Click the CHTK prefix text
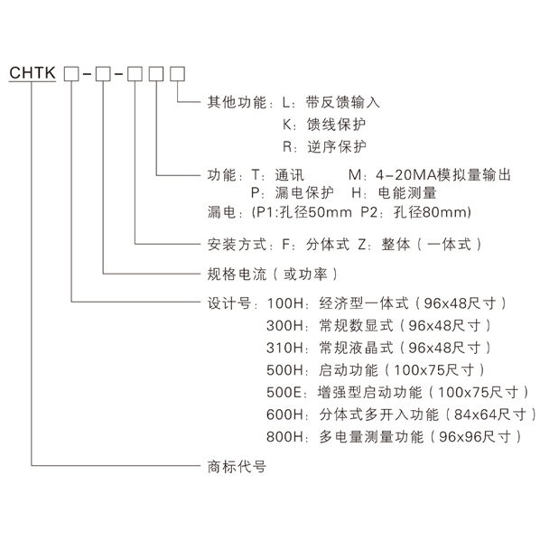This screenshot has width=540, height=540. click(33, 72)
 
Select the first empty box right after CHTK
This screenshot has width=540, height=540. click(71, 74)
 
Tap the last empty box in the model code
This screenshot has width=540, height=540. click(177, 74)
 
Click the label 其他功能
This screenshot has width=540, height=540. click(237, 102)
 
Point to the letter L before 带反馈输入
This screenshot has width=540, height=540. click(286, 102)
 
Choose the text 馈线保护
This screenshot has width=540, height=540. click(336, 125)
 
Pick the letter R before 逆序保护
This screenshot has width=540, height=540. click(287, 146)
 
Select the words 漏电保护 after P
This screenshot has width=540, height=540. click(304, 193)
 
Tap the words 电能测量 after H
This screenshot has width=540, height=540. click(407, 193)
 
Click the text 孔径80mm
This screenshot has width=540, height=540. click(432, 212)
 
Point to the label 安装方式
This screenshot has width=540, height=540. click(237, 245)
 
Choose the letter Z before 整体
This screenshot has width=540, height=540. click(362, 245)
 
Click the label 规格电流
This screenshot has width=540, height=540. click(237, 275)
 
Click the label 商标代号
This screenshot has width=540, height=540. click(237, 467)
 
